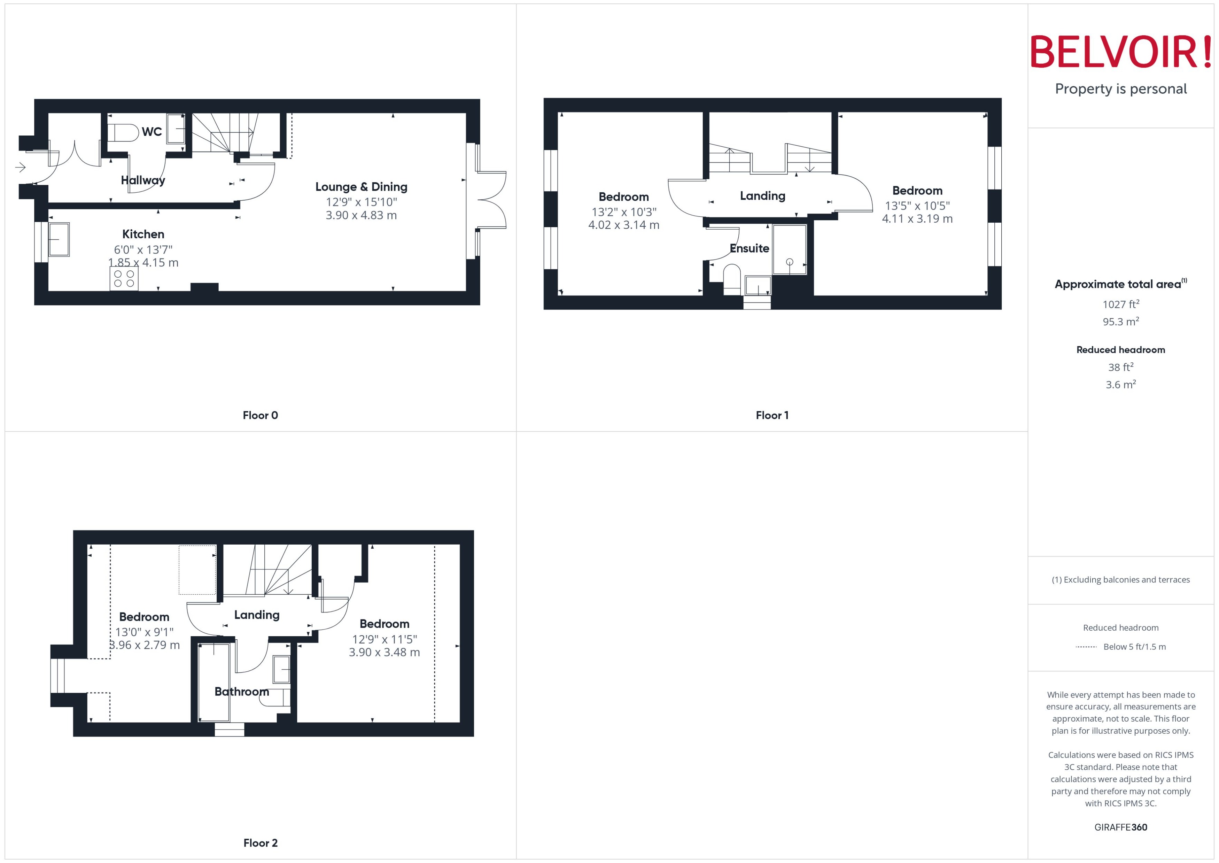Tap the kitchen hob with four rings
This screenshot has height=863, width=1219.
pos(124,278)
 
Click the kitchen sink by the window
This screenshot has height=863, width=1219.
pos(59,239)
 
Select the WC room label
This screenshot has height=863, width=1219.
pos(152,131)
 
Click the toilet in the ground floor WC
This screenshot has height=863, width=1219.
pos(122,133)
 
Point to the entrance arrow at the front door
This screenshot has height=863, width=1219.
pos(20,167)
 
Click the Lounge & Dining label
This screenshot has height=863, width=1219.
pos(361,186)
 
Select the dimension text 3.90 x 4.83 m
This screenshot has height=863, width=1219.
pos(361,215)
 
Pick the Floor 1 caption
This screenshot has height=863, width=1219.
pos(772,415)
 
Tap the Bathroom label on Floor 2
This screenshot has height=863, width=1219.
pos(242,691)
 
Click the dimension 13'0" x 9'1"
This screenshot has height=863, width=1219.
pos(144,632)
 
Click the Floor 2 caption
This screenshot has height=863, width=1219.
pos(260,843)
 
